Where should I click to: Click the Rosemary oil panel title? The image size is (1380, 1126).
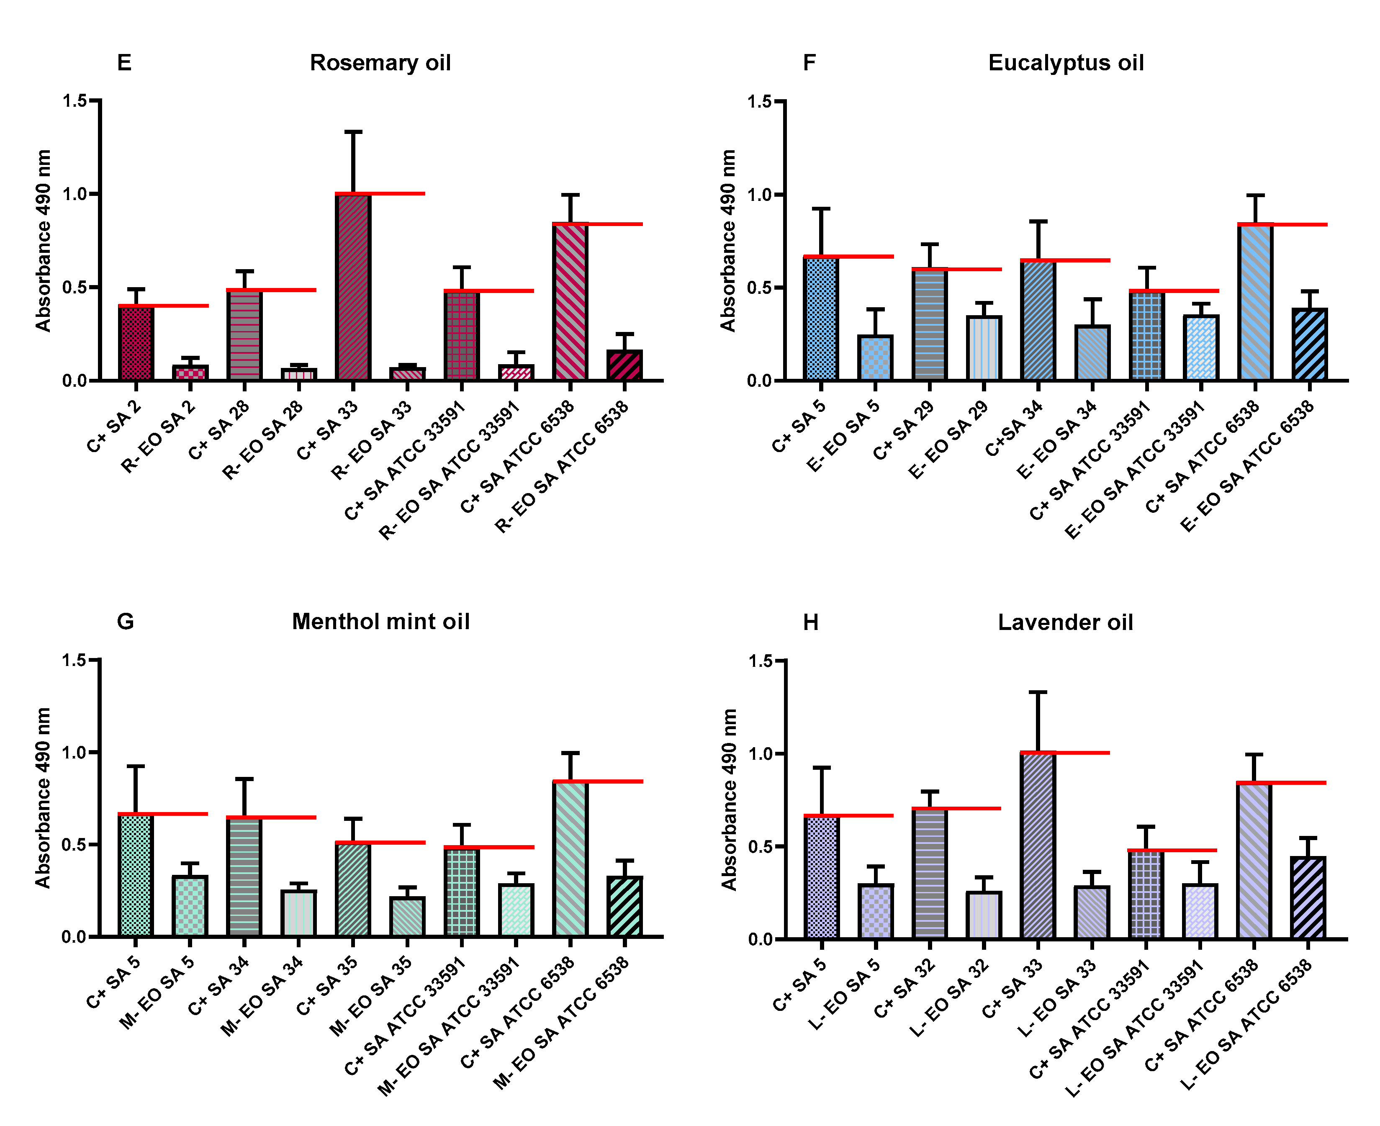tap(380, 63)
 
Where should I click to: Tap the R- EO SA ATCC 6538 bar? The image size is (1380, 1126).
tap(624, 365)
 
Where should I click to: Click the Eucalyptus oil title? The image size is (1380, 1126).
tap(1066, 63)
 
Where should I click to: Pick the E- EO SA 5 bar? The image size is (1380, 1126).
tap(876, 357)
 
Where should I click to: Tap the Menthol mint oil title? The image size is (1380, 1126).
tap(380, 621)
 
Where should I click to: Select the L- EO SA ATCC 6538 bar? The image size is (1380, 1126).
tap(1308, 898)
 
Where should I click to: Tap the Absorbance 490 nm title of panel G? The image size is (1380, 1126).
tap(43, 798)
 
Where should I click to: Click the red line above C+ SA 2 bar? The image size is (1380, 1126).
tap(163, 306)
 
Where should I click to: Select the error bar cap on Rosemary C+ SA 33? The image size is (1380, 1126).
tap(353, 132)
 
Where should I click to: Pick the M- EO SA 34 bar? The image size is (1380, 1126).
tap(299, 913)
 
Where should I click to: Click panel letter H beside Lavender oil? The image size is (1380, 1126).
tap(811, 623)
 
